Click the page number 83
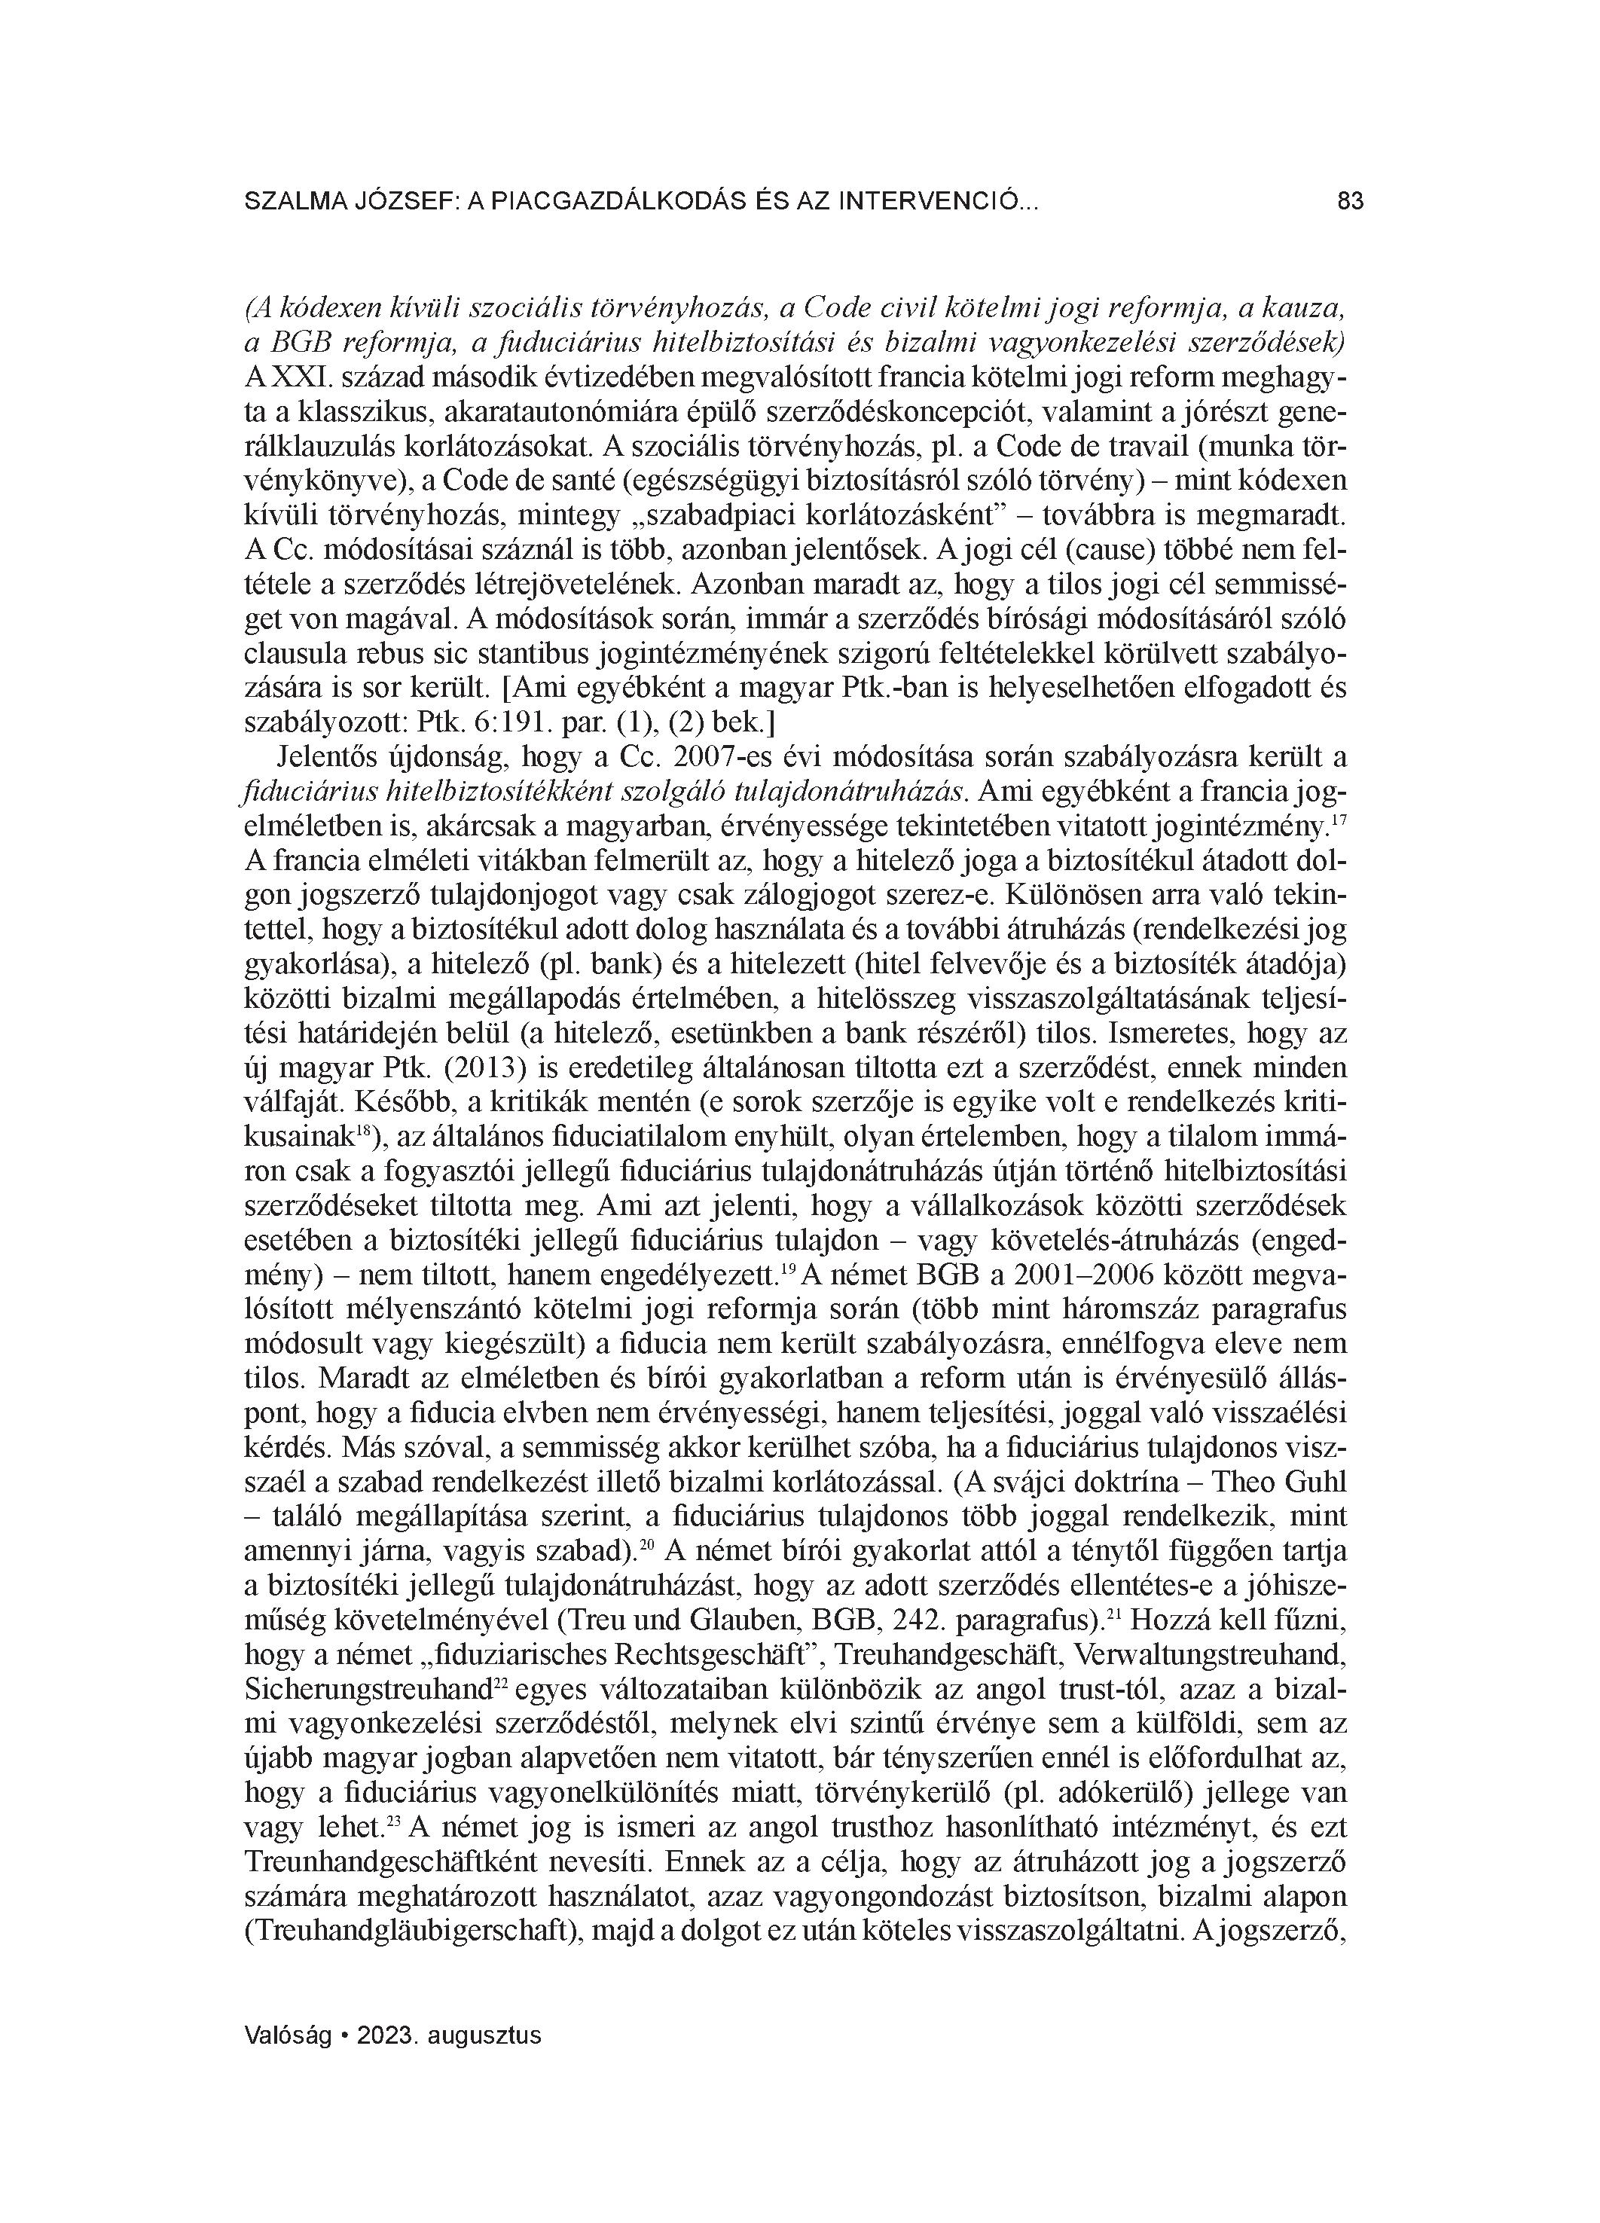pyautogui.click(x=1350, y=202)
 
